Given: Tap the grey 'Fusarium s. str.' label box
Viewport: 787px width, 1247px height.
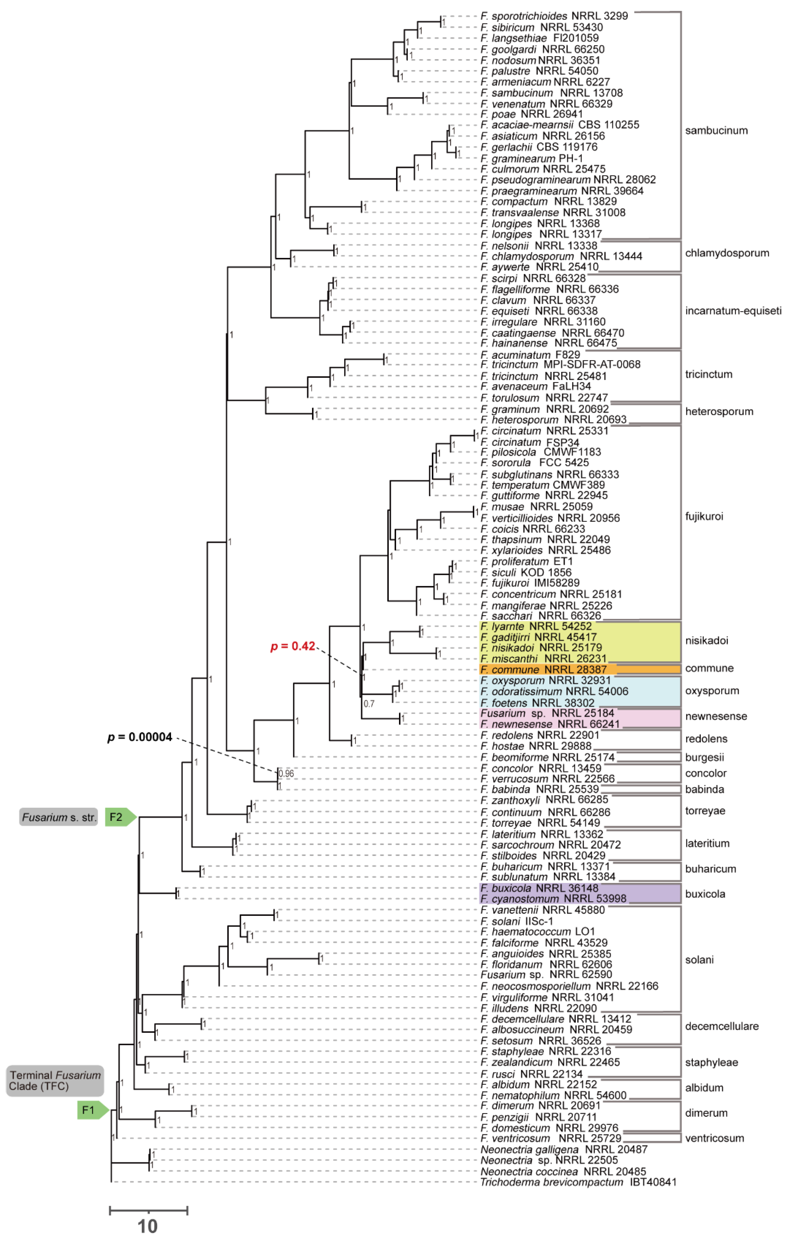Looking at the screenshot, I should point(58,817).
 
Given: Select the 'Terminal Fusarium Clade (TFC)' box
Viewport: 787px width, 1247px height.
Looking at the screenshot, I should point(55,1080).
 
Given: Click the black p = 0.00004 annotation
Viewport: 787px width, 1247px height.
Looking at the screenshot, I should point(140,737).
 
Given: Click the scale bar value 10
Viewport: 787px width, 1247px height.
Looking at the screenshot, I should point(148,1226).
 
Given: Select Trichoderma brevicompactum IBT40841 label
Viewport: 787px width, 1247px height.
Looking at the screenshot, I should point(578,1182).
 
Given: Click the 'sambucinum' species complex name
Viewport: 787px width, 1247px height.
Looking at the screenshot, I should point(716,130).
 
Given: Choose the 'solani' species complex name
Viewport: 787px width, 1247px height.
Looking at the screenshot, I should point(699,960).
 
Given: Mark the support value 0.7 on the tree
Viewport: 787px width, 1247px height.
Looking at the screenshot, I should point(369,703).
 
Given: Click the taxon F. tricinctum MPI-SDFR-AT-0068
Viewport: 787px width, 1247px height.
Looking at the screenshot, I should point(560,365).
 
